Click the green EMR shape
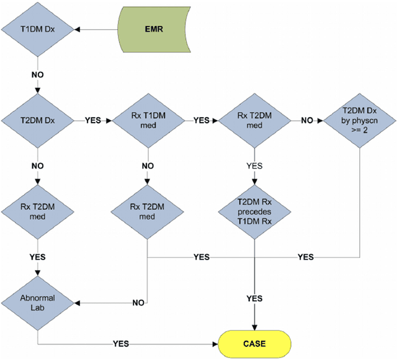click(154, 29)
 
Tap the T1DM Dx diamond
click(38, 29)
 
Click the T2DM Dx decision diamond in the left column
click(38, 121)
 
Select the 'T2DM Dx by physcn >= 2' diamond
click(360, 121)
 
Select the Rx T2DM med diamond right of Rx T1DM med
click(254, 121)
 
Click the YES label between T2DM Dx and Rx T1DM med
click(94, 121)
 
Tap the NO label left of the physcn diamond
click(307, 121)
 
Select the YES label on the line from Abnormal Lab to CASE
click(122, 343)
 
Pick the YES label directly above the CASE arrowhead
click(254, 299)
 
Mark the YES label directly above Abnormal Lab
click(38, 257)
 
